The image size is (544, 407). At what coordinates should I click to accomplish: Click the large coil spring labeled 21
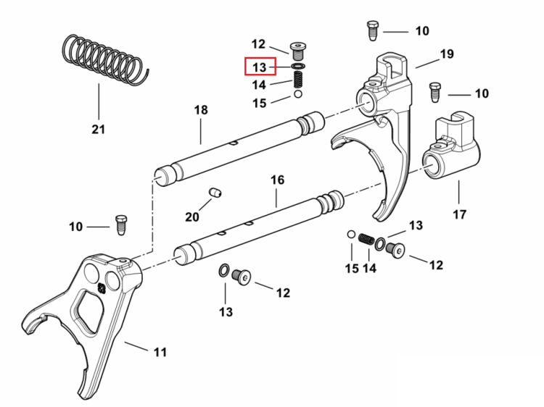(x=104, y=60)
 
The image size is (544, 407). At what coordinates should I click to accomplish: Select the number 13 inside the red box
(x=260, y=67)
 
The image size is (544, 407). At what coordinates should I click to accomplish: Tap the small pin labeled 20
(x=215, y=192)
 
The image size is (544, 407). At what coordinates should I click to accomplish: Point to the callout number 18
(x=201, y=110)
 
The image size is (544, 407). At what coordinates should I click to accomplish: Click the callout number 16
(x=277, y=180)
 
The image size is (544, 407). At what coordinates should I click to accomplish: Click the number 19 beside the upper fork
(x=447, y=54)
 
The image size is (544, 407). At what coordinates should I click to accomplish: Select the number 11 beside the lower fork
(x=160, y=352)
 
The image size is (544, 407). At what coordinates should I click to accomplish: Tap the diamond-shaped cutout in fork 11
(x=88, y=311)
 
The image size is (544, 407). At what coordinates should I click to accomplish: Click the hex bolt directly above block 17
(x=434, y=92)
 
